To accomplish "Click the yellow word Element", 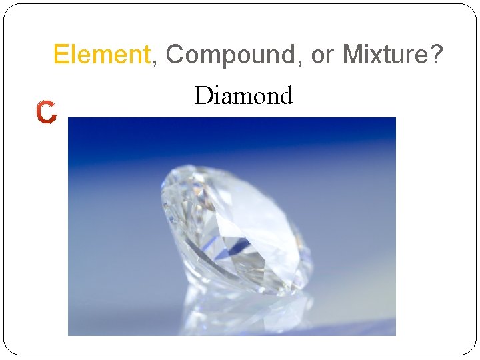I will (102, 55).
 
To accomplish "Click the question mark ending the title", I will (435, 55).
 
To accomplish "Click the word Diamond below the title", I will (243, 96).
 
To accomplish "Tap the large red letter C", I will (47, 113).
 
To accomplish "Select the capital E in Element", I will (60, 55).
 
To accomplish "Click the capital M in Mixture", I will (352, 55).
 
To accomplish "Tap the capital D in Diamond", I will (203, 96).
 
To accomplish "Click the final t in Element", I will (148, 55).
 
